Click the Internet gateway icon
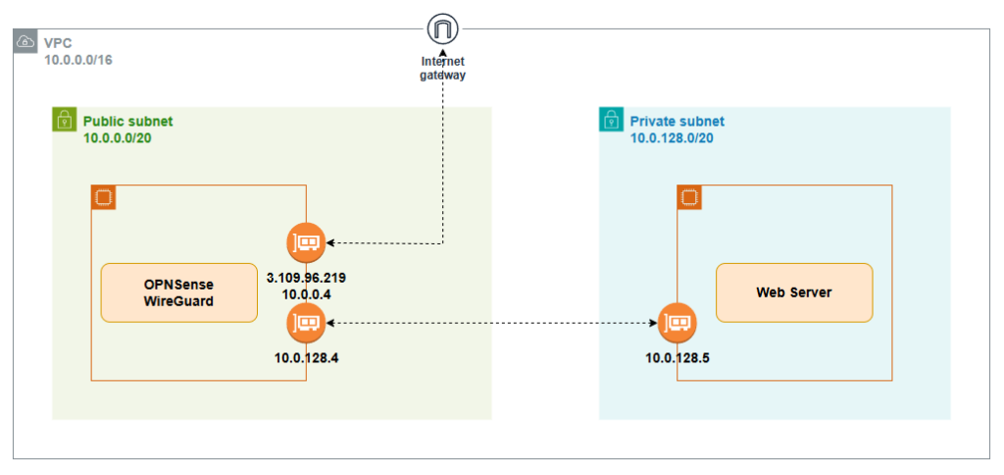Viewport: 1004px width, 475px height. [443, 28]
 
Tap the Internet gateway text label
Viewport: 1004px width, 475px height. [443, 68]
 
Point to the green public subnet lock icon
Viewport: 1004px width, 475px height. [64, 120]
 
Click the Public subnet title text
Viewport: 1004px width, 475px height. [127, 122]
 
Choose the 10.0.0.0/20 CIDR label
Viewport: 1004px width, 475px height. [117, 138]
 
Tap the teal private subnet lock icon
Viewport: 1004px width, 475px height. [611, 120]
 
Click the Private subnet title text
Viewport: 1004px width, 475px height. [677, 122]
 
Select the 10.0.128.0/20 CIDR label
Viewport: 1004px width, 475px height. [672, 138]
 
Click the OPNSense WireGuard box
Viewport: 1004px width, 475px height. [178, 292]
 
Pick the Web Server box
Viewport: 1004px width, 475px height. [793, 292]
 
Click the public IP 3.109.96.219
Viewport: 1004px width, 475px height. [306, 278]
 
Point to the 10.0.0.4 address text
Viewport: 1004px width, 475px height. [306, 293]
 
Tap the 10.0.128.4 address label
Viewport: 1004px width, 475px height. [306, 357]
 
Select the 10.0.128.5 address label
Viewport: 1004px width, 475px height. [677, 357]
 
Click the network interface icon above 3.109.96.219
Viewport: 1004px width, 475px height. [306, 241]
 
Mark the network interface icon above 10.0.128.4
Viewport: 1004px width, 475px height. [306, 322]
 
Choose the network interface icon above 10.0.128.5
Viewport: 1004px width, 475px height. [677, 322]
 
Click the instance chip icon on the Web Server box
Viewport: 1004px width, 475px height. [689, 197]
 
